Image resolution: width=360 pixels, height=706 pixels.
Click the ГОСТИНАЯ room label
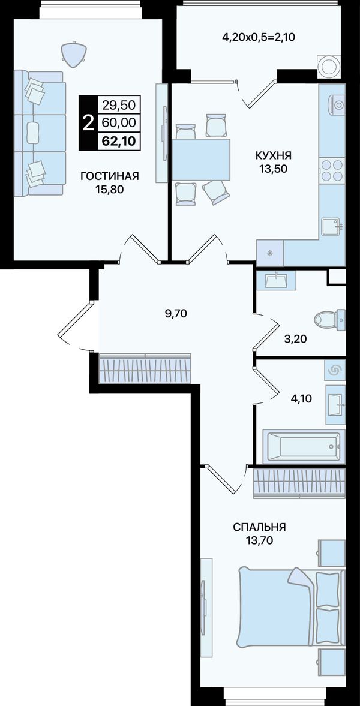pos(109,176)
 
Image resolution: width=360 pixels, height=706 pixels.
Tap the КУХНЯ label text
pos(274,156)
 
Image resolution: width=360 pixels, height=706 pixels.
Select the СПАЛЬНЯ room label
pos(259,527)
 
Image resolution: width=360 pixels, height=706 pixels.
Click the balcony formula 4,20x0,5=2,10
pos(259,37)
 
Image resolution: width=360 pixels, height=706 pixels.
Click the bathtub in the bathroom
pos(304,446)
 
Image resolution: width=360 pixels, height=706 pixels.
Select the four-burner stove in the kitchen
pos(332,170)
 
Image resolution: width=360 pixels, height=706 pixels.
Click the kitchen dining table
pos(201,160)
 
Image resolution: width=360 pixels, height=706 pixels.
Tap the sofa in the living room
pos(40,133)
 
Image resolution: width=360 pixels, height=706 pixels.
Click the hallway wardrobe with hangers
pos(145,368)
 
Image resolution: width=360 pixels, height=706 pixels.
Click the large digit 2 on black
pos(89,122)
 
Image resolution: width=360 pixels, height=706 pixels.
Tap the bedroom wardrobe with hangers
pos(299,483)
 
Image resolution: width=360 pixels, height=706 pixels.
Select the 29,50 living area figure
pos(119,106)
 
